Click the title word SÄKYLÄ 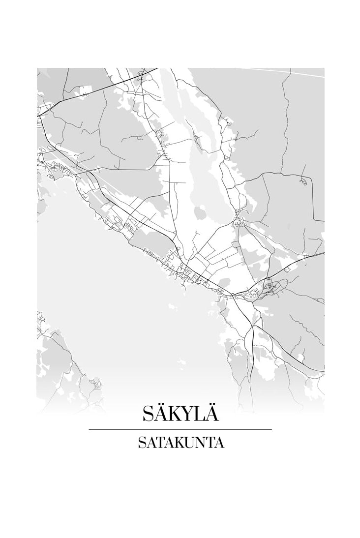(x=180, y=413)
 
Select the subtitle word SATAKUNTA (x=180, y=443)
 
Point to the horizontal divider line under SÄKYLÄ (x=180, y=429)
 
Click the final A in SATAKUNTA (x=219, y=443)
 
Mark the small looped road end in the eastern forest (x=303, y=182)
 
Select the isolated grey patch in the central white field (x=200, y=213)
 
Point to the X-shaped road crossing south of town (x=252, y=327)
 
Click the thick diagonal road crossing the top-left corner (x=98, y=89)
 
